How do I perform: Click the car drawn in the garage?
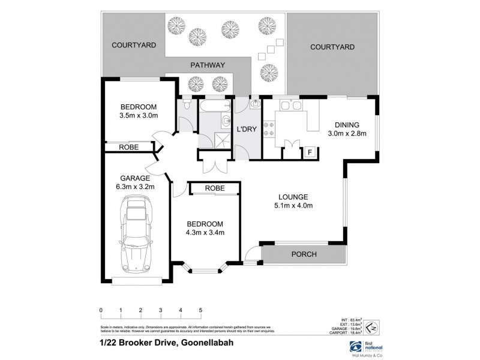click(x=136, y=237)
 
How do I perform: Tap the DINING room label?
click(x=346, y=125)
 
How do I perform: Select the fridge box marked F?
click(x=309, y=152)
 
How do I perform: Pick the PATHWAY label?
click(x=207, y=65)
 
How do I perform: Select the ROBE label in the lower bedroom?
click(x=215, y=188)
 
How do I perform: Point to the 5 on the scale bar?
click(x=200, y=310)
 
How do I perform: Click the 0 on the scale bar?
click(x=101, y=310)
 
